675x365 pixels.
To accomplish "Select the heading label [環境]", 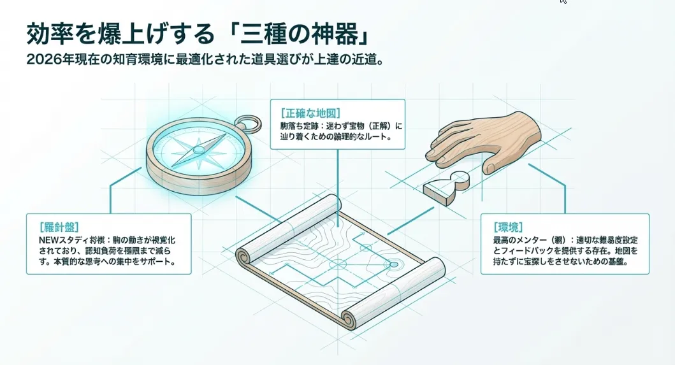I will pyautogui.click(x=508, y=226).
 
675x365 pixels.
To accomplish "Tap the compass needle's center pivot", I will pyautogui.click(x=199, y=150).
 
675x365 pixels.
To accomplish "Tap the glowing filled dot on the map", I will pyautogui.click(x=393, y=264).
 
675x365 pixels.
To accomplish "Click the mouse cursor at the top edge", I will pyautogui.click(x=563, y=2).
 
